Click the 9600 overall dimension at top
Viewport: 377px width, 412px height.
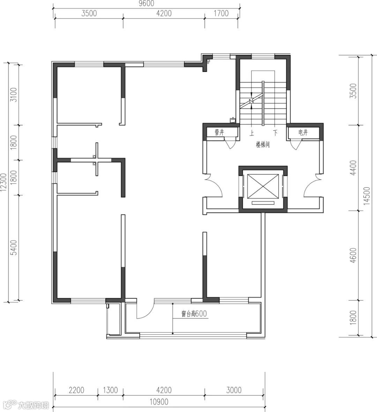click(x=147, y=3)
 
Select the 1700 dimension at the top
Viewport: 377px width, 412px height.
click(x=221, y=13)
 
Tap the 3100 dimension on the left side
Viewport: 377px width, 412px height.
click(x=14, y=95)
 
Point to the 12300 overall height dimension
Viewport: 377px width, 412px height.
click(x=3, y=182)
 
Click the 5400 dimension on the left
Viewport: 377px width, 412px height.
click(x=14, y=247)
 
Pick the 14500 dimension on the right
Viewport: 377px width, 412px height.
click(x=367, y=196)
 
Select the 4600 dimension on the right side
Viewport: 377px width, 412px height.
click(x=354, y=255)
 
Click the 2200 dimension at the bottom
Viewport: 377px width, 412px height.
click(x=76, y=390)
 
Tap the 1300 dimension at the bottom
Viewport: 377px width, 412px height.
click(x=110, y=390)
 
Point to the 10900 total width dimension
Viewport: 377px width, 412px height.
click(x=159, y=402)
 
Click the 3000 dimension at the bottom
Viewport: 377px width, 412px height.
click(x=234, y=390)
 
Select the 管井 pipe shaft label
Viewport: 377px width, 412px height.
click(x=219, y=132)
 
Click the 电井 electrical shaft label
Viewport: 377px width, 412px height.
click(x=303, y=132)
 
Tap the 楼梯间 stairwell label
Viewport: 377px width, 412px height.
click(x=263, y=145)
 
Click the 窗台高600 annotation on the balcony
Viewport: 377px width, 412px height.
click(x=194, y=313)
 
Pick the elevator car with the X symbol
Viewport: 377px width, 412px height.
click(x=263, y=187)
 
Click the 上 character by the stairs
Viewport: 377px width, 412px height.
click(x=252, y=133)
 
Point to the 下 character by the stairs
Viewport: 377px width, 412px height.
click(x=275, y=133)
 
